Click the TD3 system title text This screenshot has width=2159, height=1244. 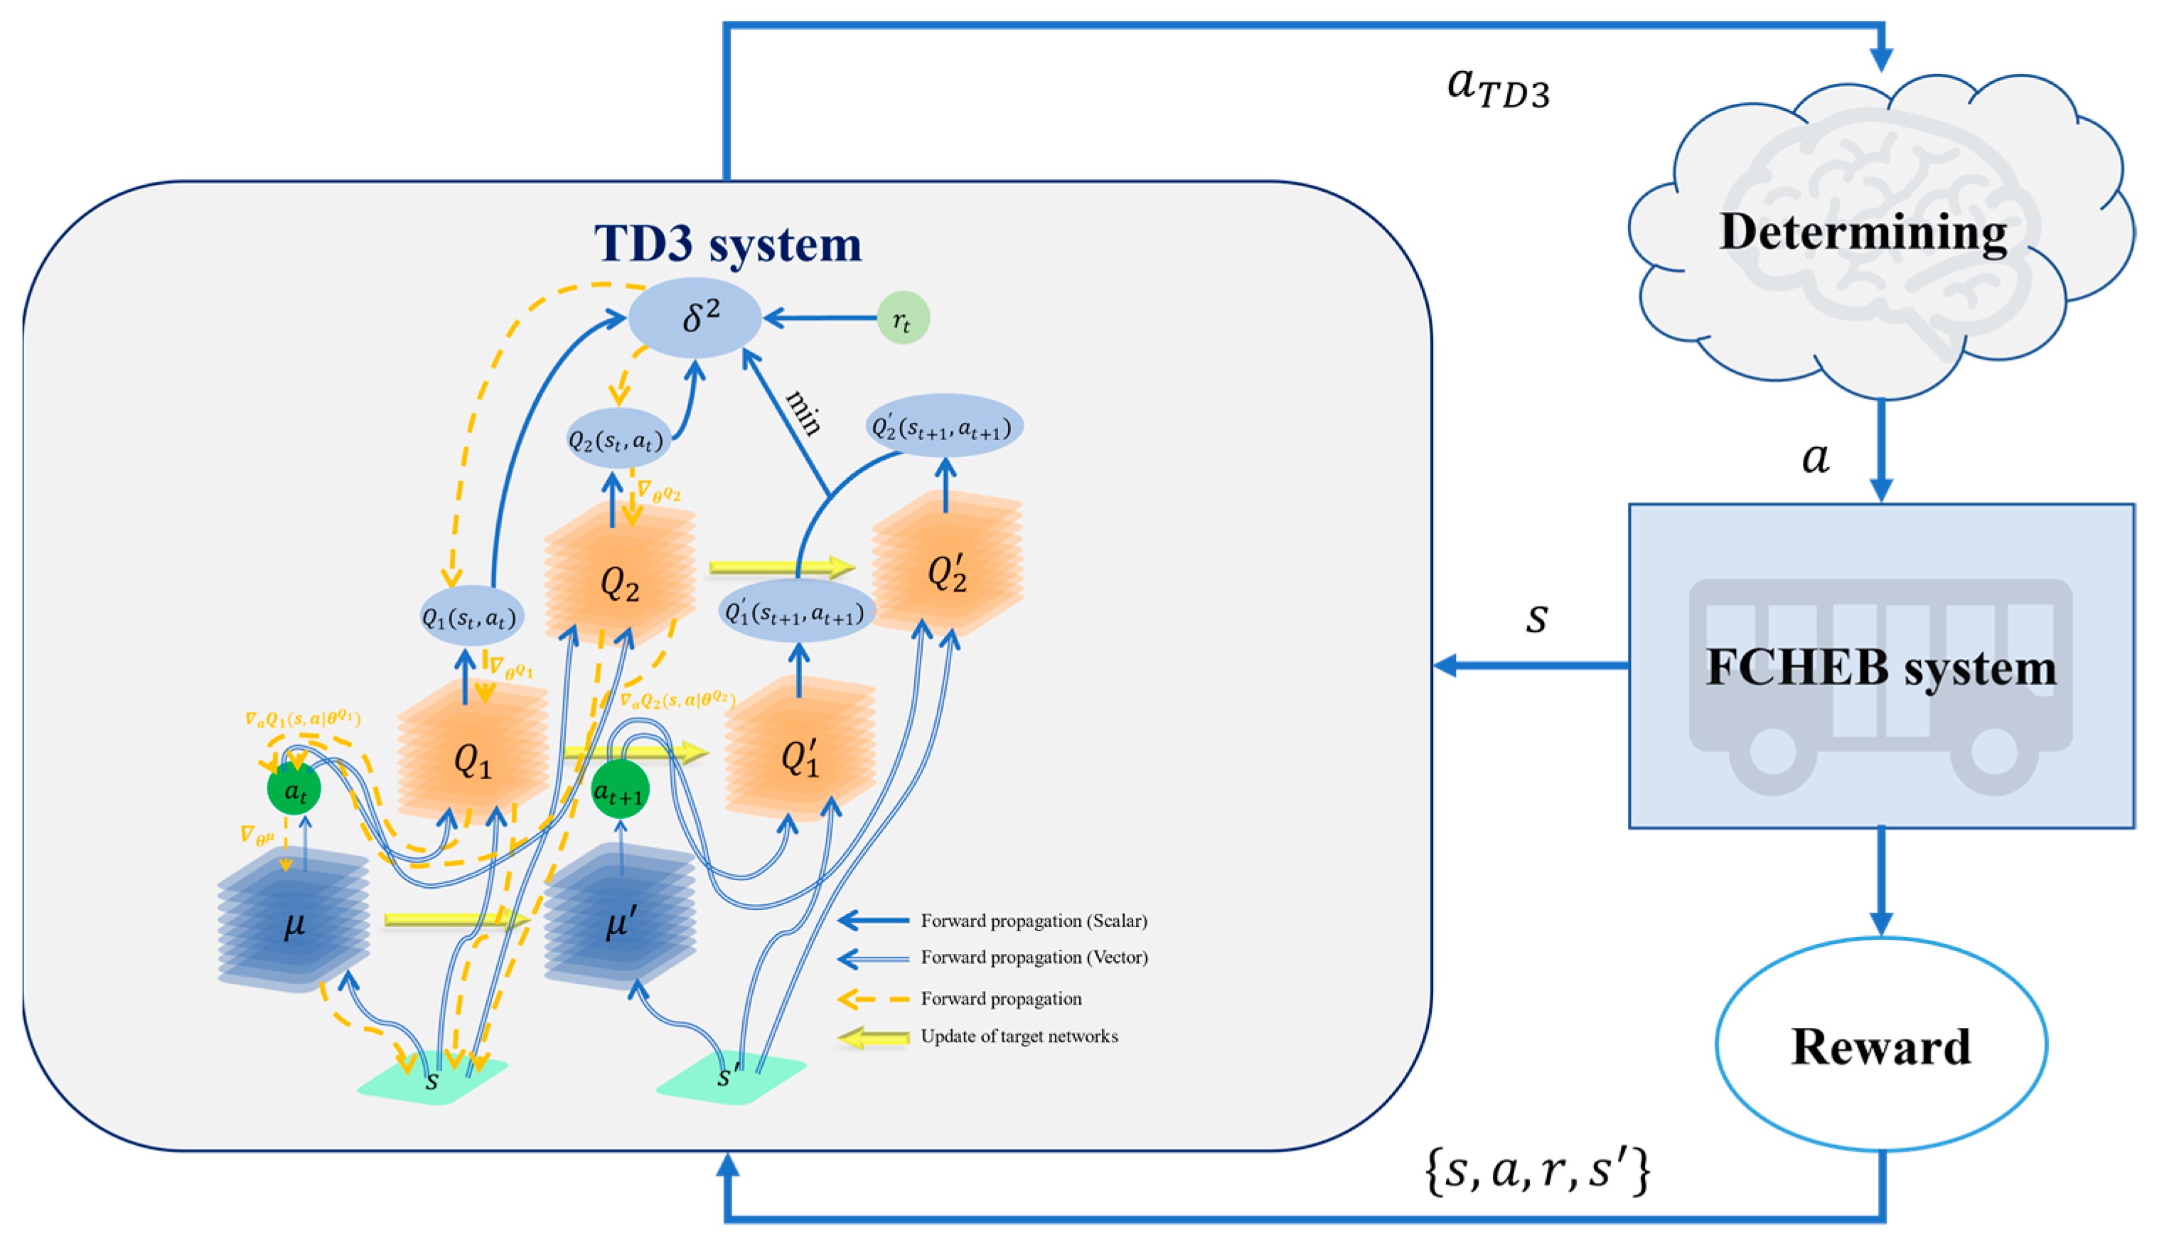[728, 245]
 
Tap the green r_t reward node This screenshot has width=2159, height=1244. [902, 318]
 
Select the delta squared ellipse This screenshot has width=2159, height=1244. [695, 317]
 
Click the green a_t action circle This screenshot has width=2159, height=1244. [294, 790]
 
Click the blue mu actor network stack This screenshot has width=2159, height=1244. [293, 923]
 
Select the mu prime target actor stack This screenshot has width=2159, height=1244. [619, 923]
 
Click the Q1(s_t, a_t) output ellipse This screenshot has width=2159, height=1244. [470, 617]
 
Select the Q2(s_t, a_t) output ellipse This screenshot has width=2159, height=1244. [617, 439]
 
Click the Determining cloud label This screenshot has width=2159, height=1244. [1863, 232]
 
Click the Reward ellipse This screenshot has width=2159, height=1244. [1880, 1045]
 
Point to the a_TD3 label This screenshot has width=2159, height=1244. [1498, 88]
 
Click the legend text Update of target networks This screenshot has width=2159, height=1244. [1019, 1036]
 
